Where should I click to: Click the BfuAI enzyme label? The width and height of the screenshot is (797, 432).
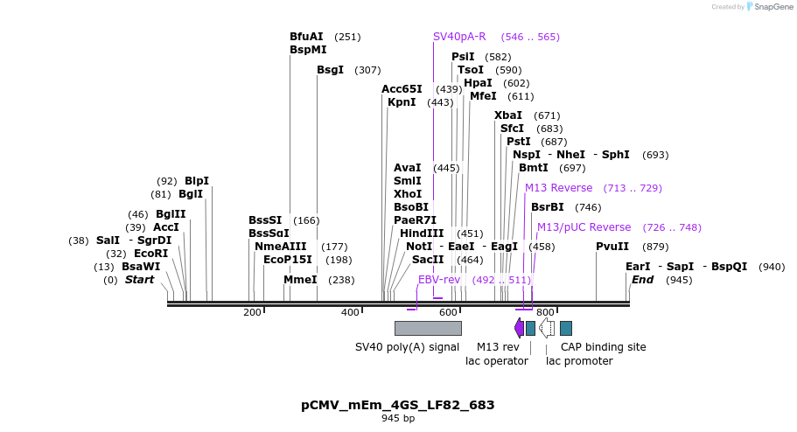point(306,37)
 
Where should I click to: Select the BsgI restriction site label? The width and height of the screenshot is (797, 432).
point(330,70)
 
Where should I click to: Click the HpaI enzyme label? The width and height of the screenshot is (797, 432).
point(478,83)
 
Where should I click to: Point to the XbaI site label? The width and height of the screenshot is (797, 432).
point(508,115)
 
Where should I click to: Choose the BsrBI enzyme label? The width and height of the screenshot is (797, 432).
point(548,207)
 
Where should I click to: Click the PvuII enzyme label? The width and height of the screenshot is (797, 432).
point(612,247)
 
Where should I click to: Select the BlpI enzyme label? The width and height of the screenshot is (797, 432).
point(197,181)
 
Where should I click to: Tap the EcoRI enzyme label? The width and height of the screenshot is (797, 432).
point(150,254)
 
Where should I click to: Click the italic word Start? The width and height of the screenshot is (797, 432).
point(139,280)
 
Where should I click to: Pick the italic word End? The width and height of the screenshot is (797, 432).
point(642,280)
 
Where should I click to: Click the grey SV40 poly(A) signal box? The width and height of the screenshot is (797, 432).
point(428,328)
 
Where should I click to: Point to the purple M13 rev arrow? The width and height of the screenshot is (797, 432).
point(519,328)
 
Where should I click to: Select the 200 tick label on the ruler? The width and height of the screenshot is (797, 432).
point(252,312)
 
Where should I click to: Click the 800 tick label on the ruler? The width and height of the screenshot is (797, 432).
point(545,312)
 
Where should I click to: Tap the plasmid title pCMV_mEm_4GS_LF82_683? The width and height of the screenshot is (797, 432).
point(398,405)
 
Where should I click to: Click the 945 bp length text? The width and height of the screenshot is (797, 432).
point(398,419)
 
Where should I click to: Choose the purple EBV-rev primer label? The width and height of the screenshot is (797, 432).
point(439,280)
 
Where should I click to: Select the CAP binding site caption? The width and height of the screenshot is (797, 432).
point(603,347)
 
